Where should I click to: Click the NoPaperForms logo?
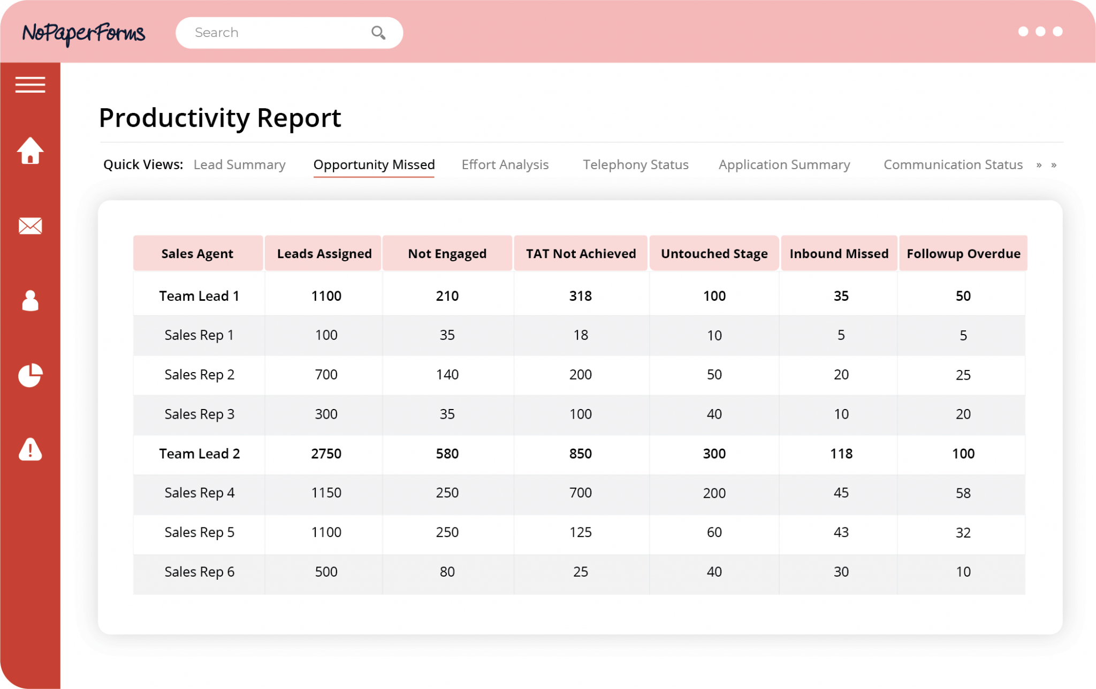[x=83, y=33]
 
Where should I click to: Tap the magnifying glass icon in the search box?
[x=378, y=33]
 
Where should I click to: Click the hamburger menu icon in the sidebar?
[x=30, y=85]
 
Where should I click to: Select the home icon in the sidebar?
[x=30, y=151]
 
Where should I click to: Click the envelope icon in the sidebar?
[x=30, y=226]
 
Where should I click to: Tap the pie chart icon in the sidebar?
[x=30, y=375]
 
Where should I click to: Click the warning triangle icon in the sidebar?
[x=30, y=450]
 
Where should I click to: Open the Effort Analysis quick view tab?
[x=505, y=165]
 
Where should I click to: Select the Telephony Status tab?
[x=635, y=165]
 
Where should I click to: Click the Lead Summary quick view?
[x=239, y=165]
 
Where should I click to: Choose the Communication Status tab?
[x=953, y=165]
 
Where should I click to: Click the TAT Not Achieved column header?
[x=581, y=254]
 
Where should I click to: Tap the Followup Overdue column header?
[x=963, y=254]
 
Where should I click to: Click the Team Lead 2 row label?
[x=199, y=454]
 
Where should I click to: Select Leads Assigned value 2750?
[x=326, y=454]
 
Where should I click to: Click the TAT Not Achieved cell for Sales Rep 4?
[x=581, y=493]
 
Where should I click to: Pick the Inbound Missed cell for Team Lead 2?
[x=841, y=454]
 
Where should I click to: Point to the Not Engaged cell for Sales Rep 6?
[x=447, y=572]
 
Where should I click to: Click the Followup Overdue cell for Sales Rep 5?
[x=963, y=533]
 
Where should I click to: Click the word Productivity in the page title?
[x=174, y=118]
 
